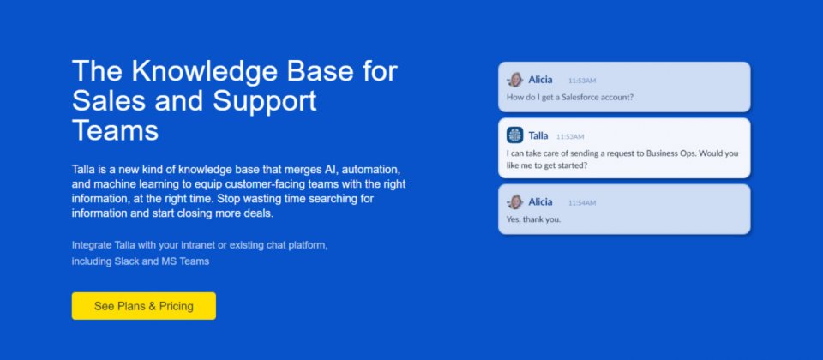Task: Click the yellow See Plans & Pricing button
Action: coord(144,306)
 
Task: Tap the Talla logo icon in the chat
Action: coord(515,135)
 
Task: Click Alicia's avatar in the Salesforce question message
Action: coord(515,80)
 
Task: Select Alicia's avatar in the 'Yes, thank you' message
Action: coord(515,202)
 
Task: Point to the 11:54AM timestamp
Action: coord(582,203)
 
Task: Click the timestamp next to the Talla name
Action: coord(570,136)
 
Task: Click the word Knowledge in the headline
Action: coord(204,70)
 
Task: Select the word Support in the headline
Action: coord(265,100)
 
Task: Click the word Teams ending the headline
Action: coord(115,130)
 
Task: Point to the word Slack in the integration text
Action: coord(127,261)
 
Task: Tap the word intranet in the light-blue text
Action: coord(199,245)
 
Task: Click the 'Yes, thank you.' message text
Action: coord(534,219)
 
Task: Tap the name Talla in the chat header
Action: coord(538,135)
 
